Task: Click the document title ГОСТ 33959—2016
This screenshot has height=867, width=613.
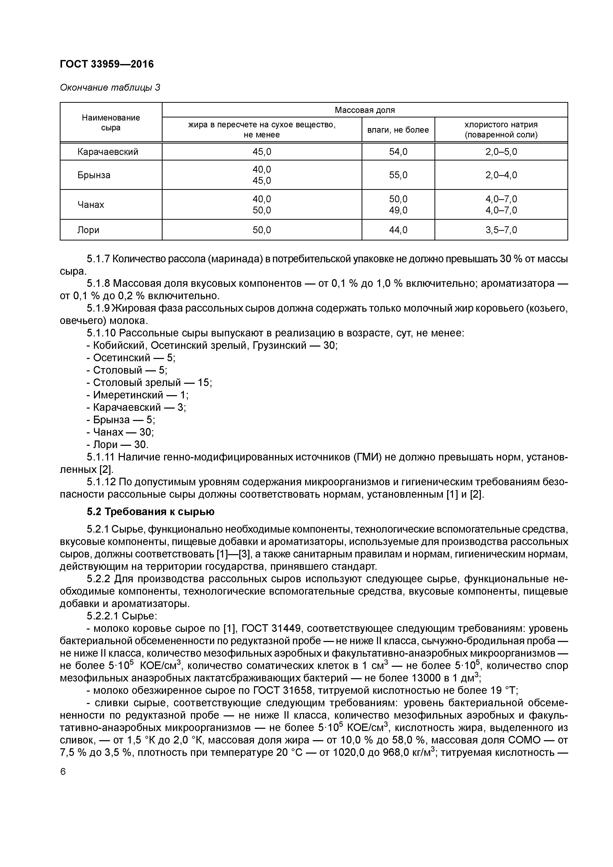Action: tap(107, 64)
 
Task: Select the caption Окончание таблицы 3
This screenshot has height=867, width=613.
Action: tap(110, 88)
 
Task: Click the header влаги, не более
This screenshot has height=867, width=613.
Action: tap(398, 130)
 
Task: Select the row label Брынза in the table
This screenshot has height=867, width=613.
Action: tap(94, 175)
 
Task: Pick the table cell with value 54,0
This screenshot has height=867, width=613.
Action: tap(398, 152)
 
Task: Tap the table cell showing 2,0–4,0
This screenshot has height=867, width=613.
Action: tap(501, 175)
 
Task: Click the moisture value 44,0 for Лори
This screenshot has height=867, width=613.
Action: tap(398, 230)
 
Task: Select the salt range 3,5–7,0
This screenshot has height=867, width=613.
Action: tap(501, 230)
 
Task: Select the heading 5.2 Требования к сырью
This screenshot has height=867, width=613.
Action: tap(150, 512)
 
